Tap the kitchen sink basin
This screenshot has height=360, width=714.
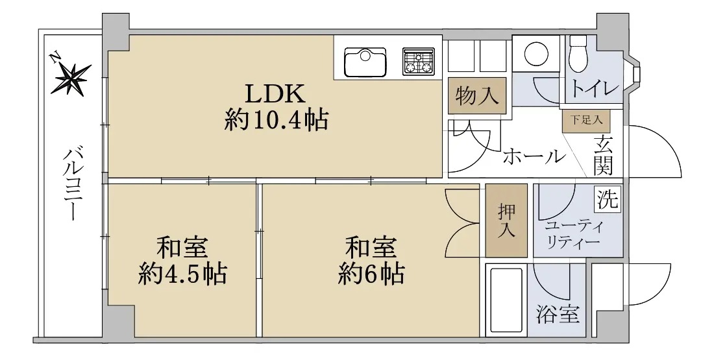365,62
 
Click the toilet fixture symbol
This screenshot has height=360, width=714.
579,53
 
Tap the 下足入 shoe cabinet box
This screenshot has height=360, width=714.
586,121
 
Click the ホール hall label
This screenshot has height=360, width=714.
533,157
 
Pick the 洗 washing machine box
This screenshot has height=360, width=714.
608,198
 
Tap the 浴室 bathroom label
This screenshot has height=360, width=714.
558,314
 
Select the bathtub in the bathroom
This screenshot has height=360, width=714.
506,301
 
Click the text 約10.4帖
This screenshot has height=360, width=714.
275,121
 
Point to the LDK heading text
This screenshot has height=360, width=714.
275,95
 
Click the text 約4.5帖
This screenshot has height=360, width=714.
182,274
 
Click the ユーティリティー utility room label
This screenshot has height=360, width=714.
572,234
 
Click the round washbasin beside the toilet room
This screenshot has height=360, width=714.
536,54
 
